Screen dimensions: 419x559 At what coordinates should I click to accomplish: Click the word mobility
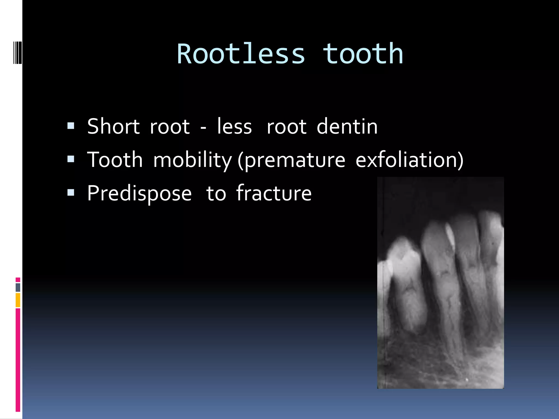point(192,160)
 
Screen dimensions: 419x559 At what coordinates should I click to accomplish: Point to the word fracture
point(274,193)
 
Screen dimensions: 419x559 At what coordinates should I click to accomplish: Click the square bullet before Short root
point(71,126)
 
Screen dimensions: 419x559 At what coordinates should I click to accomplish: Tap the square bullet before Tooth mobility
point(71,159)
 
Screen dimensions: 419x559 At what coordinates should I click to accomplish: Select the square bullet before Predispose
point(71,193)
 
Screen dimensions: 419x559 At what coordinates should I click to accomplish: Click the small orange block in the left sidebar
point(18,300)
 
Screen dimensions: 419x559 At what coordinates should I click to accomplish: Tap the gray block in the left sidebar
point(18,288)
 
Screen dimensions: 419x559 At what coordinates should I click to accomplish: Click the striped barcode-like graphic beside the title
point(17,52)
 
